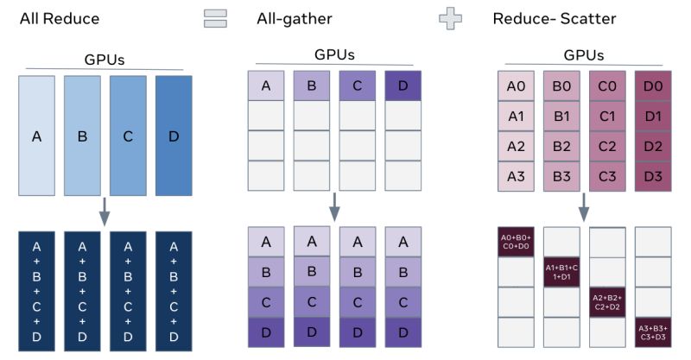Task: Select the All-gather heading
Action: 294,18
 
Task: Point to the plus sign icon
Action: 449,18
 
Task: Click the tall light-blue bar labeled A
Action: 37,135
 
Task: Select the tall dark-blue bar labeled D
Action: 173,135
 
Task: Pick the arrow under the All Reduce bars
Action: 104,212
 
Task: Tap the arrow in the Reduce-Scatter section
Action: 584,205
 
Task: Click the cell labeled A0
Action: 516,86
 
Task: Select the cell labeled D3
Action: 652,175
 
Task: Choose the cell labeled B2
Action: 561,146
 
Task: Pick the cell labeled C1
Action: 607,117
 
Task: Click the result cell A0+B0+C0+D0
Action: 516,242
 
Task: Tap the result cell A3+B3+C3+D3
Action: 652,331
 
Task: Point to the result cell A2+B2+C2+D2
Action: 607,301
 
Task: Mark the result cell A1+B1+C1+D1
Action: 561,272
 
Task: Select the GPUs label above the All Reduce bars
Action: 104,61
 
